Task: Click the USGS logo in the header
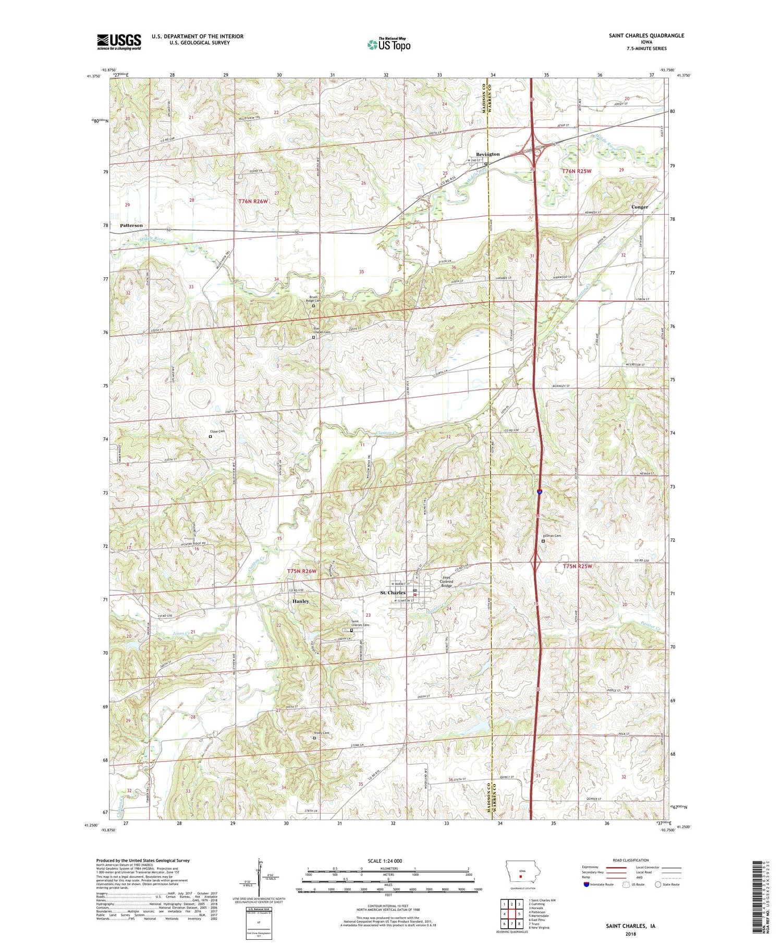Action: (x=119, y=42)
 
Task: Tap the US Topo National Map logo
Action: (x=389, y=44)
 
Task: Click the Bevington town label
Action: (x=487, y=154)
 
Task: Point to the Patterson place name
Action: (x=131, y=226)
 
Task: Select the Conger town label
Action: (x=640, y=207)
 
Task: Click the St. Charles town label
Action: (x=393, y=593)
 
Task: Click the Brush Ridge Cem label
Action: (x=313, y=299)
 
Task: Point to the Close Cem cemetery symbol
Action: (x=211, y=437)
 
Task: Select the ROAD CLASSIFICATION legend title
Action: (x=631, y=860)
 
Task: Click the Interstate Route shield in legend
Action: (x=586, y=885)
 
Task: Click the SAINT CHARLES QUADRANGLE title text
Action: (x=646, y=35)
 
